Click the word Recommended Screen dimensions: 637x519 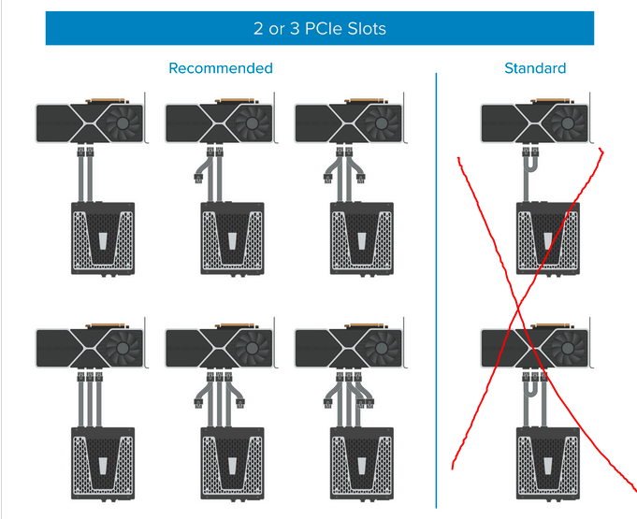pyautogui.click(x=221, y=68)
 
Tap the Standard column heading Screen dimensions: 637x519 pyautogui.click(x=535, y=68)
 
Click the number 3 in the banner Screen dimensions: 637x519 pyautogui.click(x=295, y=29)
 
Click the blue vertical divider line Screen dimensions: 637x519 pyautogui.click(x=436, y=291)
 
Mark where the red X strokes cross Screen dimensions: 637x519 pyautogui.click(x=519, y=310)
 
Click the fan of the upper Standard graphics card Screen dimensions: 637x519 pyautogui.click(x=567, y=123)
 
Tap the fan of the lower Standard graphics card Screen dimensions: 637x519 pyautogui.click(x=567, y=348)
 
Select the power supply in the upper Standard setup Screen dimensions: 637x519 pyautogui.click(x=547, y=239)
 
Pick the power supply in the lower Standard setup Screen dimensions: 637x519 pyautogui.click(x=547, y=464)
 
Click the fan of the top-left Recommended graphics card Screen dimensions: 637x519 pyautogui.click(x=123, y=123)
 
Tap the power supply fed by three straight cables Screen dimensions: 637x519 pyautogui.click(x=103, y=464)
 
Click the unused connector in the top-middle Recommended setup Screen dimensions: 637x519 pyautogui.click(x=198, y=179)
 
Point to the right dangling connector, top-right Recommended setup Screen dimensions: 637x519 pyautogui.click(x=361, y=179)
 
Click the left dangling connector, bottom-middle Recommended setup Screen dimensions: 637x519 pyautogui.click(x=198, y=403)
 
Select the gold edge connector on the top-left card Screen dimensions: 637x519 pyautogui.click(x=107, y=100)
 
